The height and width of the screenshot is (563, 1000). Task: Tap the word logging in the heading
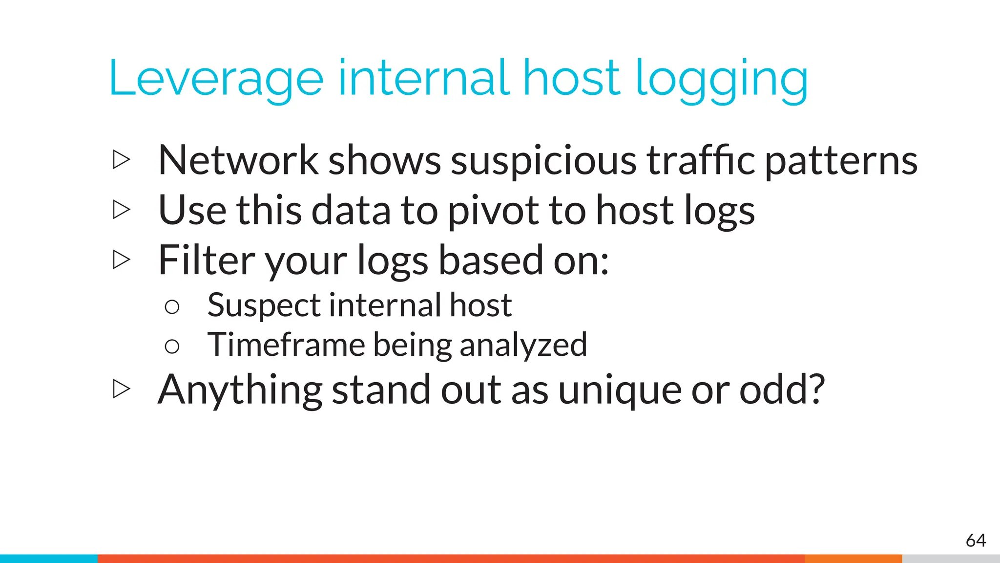click(722, 81)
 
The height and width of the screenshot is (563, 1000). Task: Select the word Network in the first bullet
click(238, 160)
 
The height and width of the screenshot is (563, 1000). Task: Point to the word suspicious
click(543, 161)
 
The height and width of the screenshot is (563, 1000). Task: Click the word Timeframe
click(286, 345)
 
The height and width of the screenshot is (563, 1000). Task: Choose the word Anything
click(240, 390)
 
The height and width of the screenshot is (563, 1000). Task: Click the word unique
click(620, 391)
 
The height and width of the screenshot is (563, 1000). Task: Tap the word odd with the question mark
click(782, 390)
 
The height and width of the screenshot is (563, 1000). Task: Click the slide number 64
click(976, 541)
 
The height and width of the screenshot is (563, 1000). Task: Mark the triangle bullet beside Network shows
click(121, 160)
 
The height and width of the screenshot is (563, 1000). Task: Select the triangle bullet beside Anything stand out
click(121, 389)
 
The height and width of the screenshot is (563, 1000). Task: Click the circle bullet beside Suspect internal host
click(172, 307)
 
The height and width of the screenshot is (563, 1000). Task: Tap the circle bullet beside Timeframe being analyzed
click(172, 346)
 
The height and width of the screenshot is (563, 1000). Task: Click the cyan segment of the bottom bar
click(49, 559)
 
